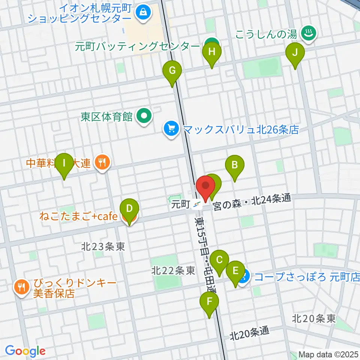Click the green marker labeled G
click(172, 71)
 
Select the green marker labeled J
click(295, 53)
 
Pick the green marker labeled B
click(235, 165)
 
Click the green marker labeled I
click(64, 164)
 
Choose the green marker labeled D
click(129, 209)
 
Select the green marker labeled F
click(210, 302)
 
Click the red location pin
click(205, 186)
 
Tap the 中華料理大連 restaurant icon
click(102, 162)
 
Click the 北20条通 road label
click(250, 332)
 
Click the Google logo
click(25, 351)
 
